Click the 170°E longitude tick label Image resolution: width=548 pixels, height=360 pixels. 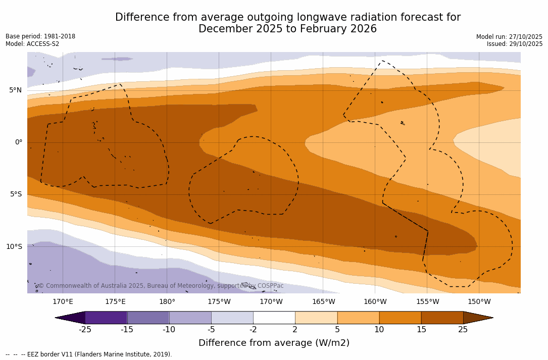click(63, 302)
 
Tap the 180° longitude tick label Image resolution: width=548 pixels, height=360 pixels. click(167, 302)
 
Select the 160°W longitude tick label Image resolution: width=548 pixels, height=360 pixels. click(375, 302)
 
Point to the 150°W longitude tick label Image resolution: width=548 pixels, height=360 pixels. click(479, 302)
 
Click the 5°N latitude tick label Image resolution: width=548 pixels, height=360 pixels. click(15, 90)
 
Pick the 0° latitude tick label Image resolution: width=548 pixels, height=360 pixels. click(18, 142)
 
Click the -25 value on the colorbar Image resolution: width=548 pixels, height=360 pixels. click(85, 330)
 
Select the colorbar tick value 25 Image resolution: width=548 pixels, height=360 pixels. click(463, 330)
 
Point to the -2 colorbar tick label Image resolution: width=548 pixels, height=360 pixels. click(253, 330)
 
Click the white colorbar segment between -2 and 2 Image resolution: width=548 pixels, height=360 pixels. click(274, 318)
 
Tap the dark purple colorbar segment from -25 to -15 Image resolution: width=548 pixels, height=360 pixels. click(106, 318)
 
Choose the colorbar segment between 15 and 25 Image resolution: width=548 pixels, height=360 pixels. click(442, 318)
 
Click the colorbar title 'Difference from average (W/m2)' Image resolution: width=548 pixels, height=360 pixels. click(274, 343)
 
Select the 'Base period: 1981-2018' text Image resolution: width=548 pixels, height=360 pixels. click(40, 36)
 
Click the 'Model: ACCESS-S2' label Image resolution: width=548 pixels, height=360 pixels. click(32, 44)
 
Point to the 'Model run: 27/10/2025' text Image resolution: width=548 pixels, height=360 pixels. click(509, 37)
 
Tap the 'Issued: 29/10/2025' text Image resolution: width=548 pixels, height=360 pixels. click(515, 44)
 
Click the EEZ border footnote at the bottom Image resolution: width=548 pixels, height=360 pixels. click(89, 354)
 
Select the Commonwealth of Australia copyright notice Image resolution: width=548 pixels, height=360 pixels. click(161, 286)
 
